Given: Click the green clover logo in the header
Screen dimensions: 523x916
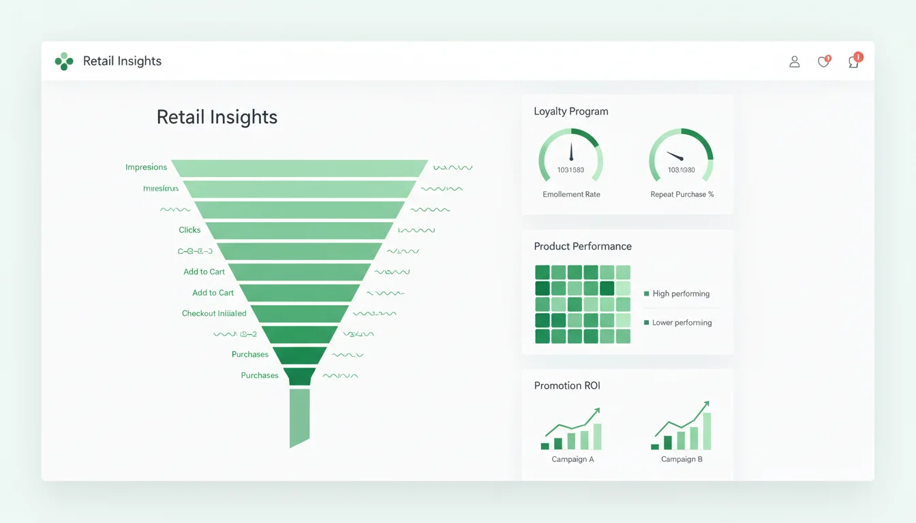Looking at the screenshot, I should point(63,61).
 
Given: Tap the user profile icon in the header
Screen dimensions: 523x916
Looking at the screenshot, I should point(794,62).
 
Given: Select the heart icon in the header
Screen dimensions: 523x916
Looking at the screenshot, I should point(823,62).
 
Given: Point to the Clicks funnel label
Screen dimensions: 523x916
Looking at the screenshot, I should point(189,230).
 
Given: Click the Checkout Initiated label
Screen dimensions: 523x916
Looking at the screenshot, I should point(214,313).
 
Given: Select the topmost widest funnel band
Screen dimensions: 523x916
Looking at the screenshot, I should point(299,168).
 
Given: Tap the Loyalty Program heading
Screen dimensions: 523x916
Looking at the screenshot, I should point(570,111).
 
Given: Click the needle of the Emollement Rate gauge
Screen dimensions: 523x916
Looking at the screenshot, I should point(571,152).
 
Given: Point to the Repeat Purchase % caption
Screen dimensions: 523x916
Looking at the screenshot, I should point(682,194).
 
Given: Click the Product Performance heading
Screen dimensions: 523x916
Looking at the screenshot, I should point(582,246).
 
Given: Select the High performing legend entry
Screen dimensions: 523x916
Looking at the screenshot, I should point(680,294).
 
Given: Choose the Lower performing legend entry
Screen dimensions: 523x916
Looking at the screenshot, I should point(681,322).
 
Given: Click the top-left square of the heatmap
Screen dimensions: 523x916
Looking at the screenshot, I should point(543,272).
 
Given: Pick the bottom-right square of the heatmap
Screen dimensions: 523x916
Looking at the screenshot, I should point(623,336).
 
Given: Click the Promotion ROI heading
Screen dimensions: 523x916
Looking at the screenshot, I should point(567,385).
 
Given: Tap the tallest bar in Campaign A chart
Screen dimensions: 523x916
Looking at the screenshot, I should point(597,437).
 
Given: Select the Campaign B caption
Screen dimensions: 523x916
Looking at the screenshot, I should point(682,459).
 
